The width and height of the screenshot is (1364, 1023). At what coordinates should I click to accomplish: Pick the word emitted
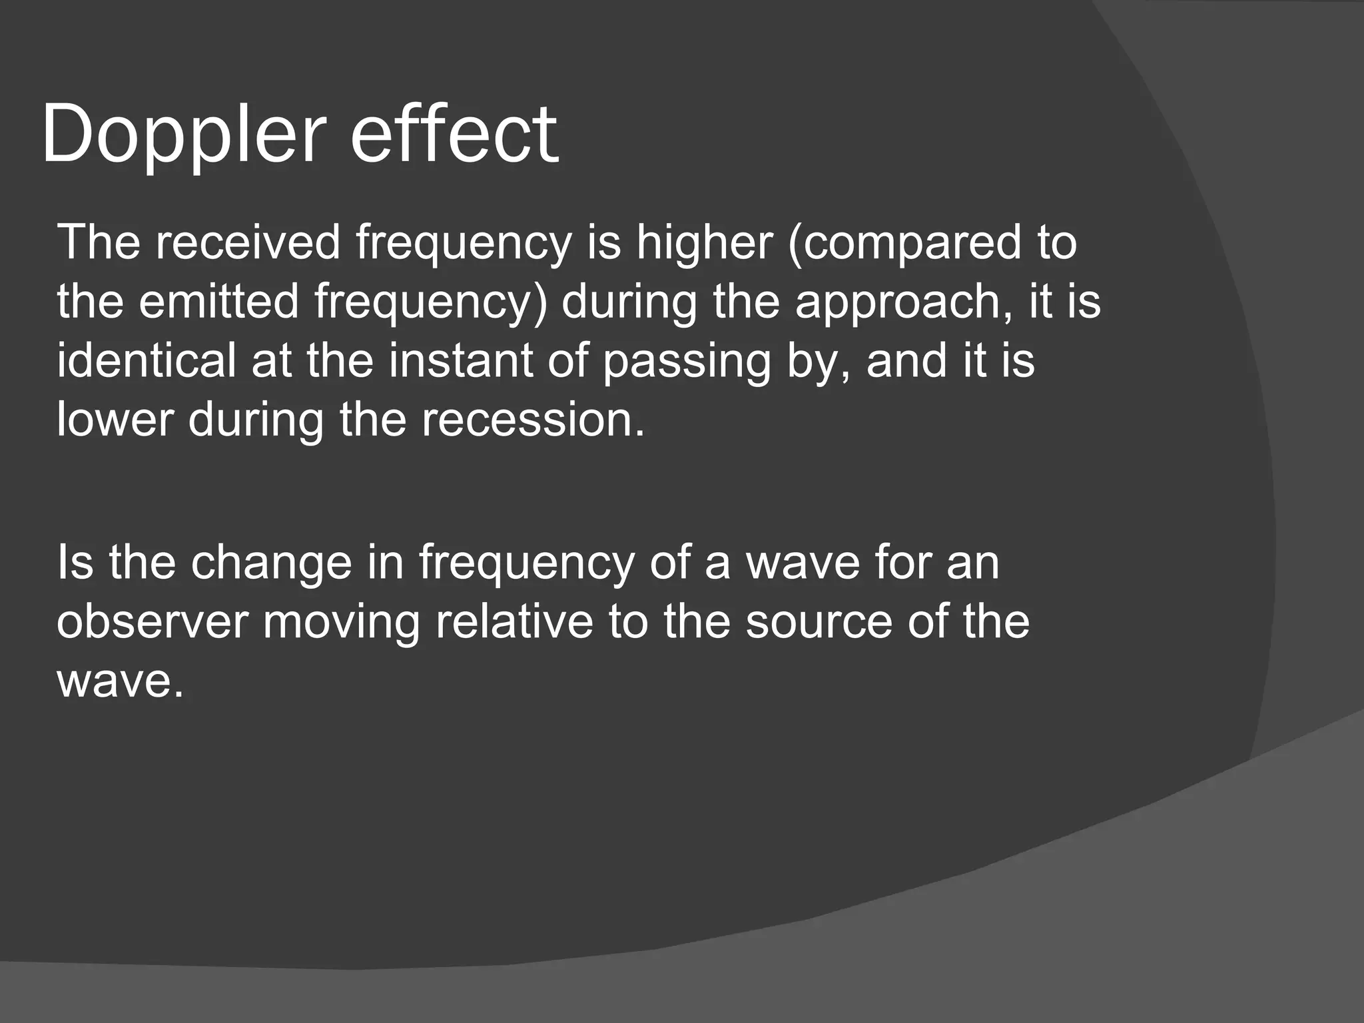click(219, 301)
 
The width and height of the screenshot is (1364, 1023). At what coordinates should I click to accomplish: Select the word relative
click(513, 622)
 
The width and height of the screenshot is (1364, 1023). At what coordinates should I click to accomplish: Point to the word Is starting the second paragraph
click(75, 562)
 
